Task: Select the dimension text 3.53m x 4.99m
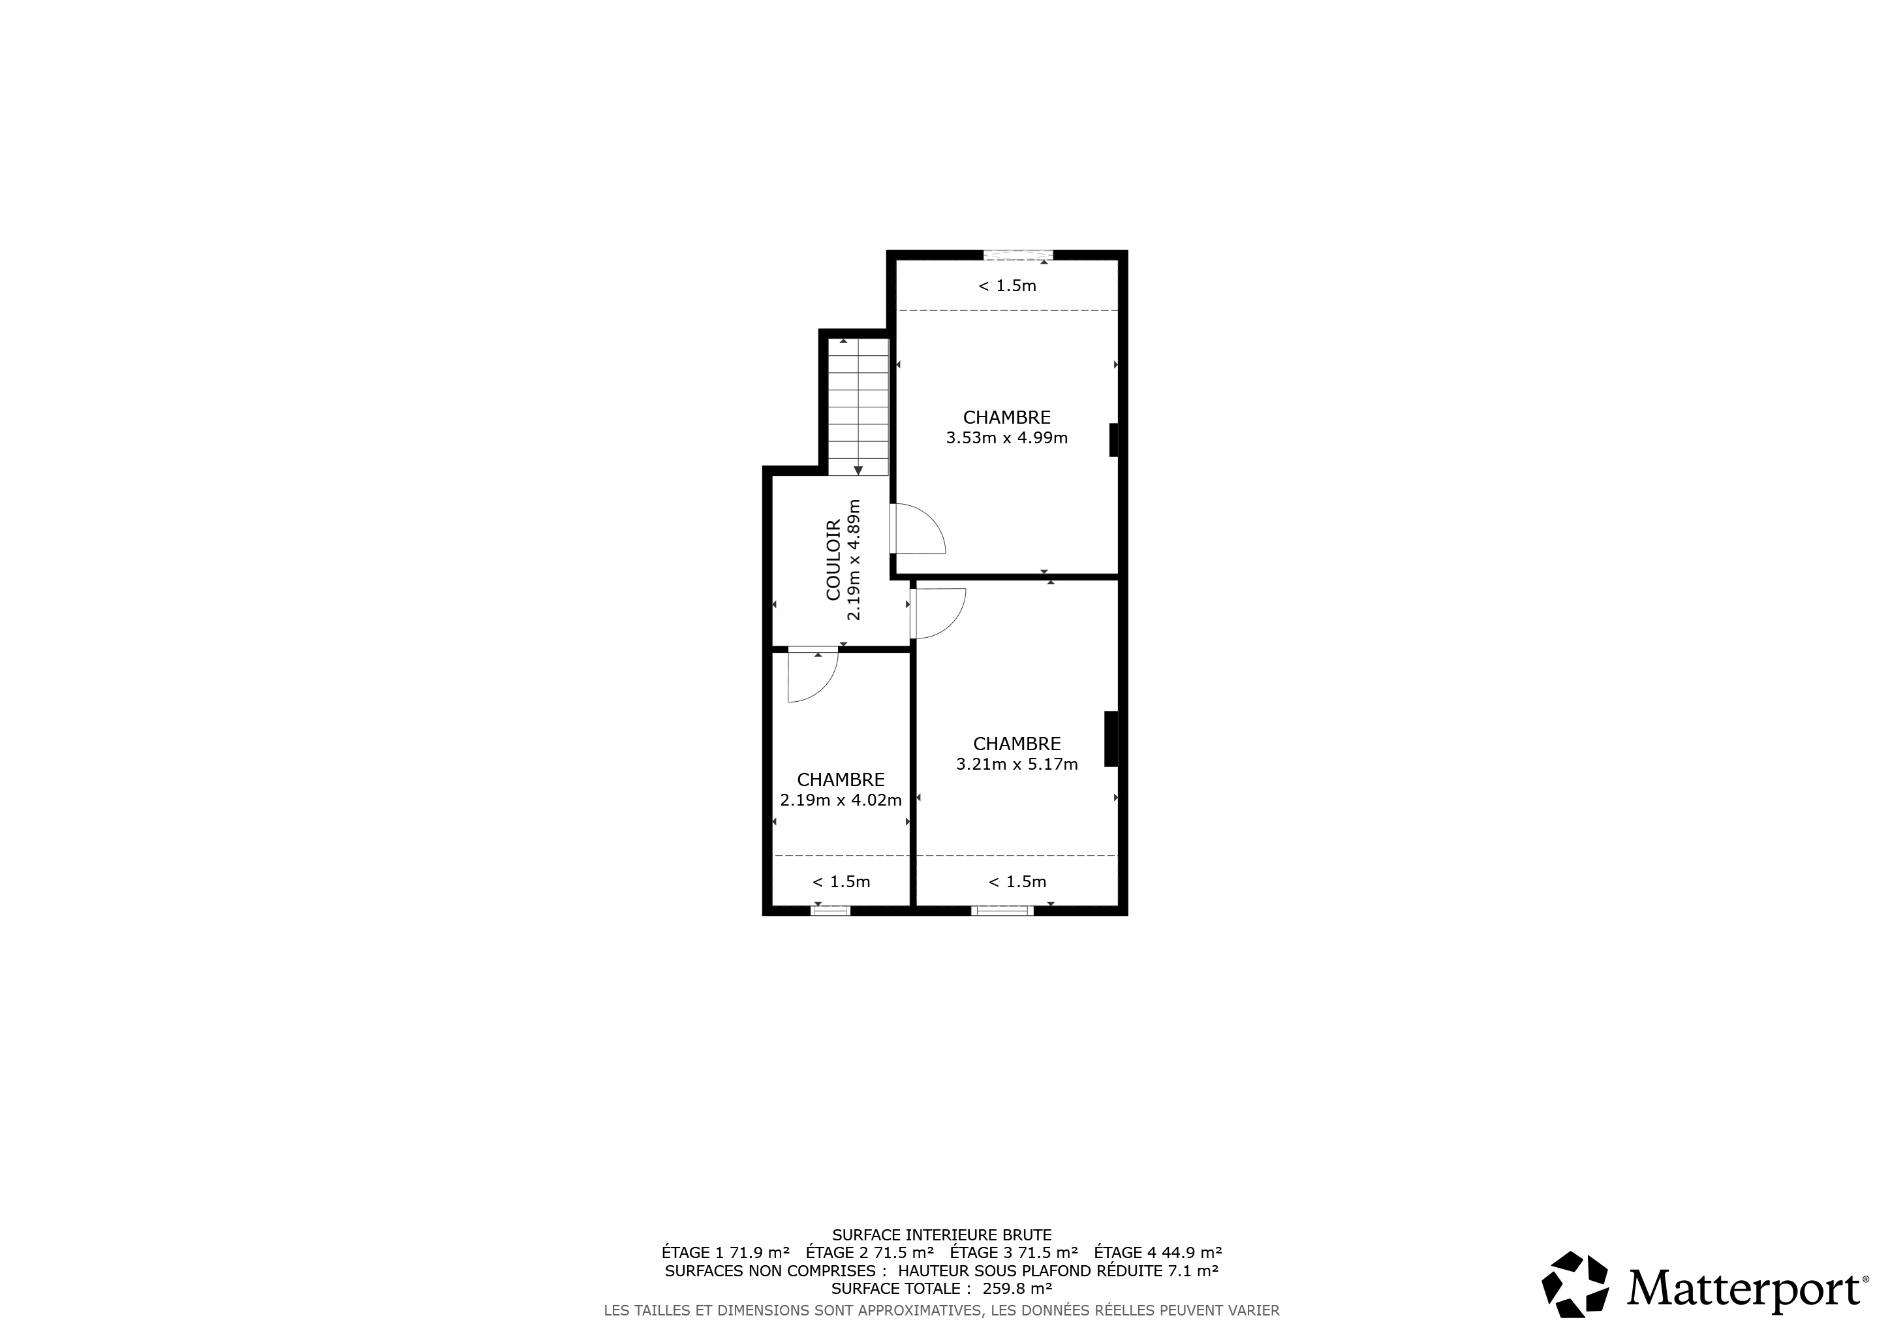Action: point(1007,438)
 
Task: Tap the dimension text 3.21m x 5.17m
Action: point(1017,764)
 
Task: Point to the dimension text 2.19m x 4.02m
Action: point(841,800)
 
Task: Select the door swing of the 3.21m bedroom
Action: point(939,614)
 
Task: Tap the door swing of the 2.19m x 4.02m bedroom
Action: point(813,677)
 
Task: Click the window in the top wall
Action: point(1018,255)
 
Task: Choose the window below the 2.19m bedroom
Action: point(831,911)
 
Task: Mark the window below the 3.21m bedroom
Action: point(1002,911)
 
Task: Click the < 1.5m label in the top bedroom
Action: point(1007,287)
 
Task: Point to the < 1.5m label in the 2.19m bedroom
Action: point(841,883)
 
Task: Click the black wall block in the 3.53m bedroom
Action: point(1114,439)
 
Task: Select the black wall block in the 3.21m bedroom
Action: point(1111,739)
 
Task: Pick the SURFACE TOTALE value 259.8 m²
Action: point(1017,1289)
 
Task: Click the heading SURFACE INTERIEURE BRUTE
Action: point(942,1235)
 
